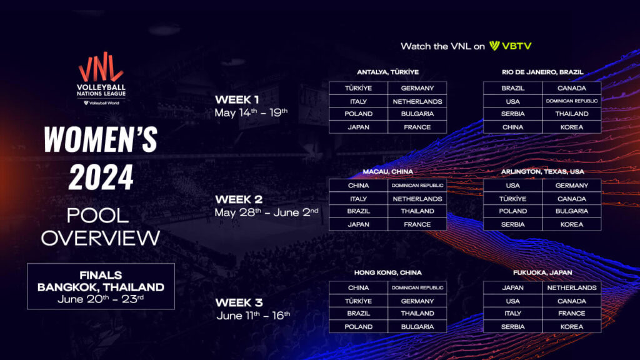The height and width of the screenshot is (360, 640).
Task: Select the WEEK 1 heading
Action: pos(237,99)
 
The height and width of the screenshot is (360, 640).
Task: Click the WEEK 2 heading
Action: pos(239,199)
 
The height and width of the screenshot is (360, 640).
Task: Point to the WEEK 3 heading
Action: pos(239,303)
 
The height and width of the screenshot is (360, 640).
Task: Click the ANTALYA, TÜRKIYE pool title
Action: pos(387,72)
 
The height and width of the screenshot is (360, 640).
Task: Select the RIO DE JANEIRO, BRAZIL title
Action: pos(542,72)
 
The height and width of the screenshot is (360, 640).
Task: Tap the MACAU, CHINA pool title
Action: pos(387,172)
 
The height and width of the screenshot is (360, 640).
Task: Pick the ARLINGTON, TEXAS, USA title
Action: pos(542,172)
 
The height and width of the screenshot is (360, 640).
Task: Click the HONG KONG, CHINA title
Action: pos(387,272)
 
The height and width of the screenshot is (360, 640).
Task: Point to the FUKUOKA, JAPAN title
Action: pos(542,272)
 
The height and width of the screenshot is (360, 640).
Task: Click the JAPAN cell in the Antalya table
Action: pos(358,127)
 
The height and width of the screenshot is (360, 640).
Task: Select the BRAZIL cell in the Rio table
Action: pos(513,88)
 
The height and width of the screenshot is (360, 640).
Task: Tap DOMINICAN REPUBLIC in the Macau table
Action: pos(417,185)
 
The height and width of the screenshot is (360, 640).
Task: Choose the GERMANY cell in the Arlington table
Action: pos(572,185)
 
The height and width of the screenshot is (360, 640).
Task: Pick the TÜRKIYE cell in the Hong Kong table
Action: pos(358,301)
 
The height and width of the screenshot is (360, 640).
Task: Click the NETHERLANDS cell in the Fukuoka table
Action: pos(572,287)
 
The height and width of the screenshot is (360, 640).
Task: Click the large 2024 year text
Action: pos(101,177)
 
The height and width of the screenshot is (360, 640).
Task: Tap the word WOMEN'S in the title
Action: pos(101,139)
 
